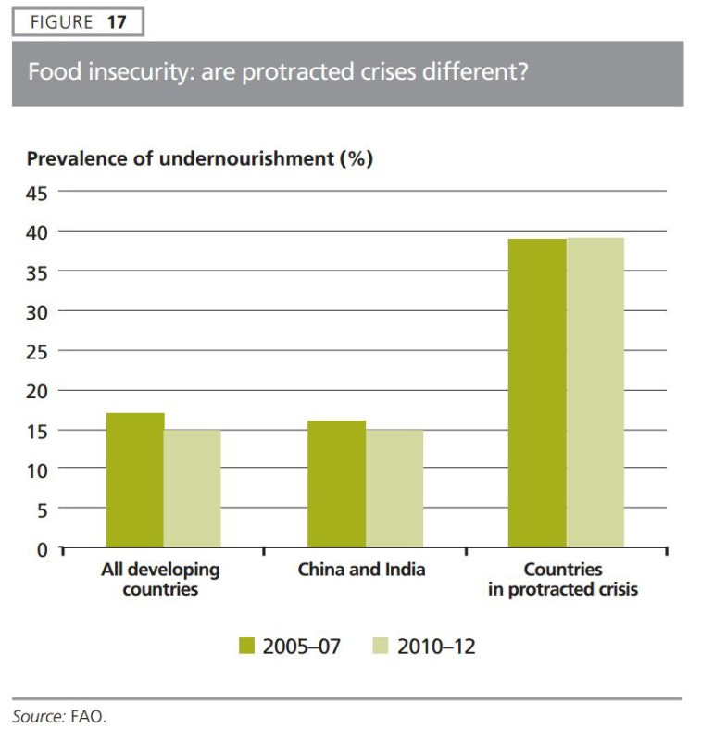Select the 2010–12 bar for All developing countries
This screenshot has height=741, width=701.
193,488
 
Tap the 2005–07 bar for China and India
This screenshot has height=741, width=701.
336,484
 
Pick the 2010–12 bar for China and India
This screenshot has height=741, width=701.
394,488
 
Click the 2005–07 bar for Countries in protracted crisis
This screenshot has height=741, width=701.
537,393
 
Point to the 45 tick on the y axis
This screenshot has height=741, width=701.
36,192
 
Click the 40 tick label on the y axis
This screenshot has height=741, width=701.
36,232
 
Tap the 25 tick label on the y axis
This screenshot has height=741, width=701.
36,351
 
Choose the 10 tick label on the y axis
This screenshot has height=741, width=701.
36,470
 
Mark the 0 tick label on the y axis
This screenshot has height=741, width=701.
41,549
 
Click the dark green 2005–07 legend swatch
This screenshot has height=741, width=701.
246,647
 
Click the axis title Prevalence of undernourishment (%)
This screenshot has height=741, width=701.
199,158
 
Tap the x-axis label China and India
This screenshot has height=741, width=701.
361,570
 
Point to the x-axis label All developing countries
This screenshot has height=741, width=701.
160,579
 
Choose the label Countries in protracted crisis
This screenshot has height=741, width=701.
562,579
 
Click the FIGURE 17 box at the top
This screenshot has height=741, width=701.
78,22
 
